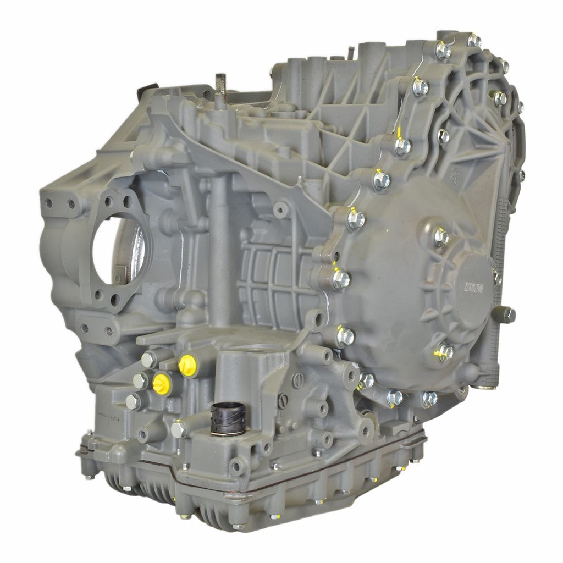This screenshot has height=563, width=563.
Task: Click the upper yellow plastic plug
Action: pyautogui.click(x=187, y=365)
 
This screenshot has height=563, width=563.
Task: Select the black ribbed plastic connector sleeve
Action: pyautogui.click(x=227, y=418)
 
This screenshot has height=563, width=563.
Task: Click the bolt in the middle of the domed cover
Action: pyautogui.click(x=441, y=237)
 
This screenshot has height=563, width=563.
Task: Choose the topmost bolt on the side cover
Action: pyautogui.click(x=474, y=40)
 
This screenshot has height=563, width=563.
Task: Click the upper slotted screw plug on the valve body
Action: pyautogui.click(x=298, y=379)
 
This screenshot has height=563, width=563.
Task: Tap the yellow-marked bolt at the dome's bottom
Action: pyautogui.click(x=444, y=352)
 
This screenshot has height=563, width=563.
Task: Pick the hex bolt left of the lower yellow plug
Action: pyautogui.click(x=140, y=380)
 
